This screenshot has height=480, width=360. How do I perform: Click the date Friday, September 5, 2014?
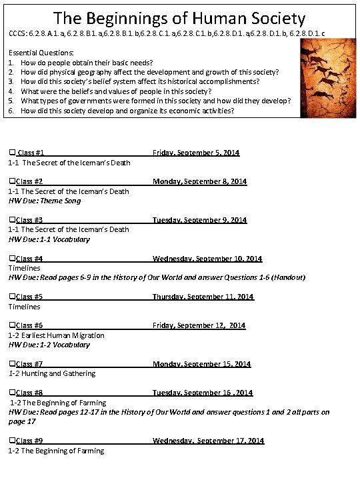(195, 153)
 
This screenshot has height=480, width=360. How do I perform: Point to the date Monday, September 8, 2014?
(199, 181)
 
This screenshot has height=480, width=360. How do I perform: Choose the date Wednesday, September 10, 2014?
(207, 259)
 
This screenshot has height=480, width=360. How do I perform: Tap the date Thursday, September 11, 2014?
(203, 297)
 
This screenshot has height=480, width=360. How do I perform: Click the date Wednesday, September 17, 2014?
(208, 441)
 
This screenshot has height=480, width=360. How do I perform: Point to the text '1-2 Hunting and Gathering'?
(52, 373)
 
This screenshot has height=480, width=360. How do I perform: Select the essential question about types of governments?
(155, 101)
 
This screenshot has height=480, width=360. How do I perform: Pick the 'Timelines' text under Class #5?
(24, 307)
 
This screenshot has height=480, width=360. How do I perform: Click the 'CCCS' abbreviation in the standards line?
(18, 33)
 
